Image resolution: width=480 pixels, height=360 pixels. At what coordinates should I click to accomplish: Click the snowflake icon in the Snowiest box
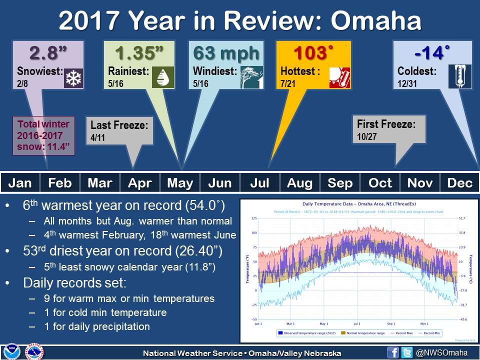73,78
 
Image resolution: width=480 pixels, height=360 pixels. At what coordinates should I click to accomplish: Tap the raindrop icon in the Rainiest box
163,77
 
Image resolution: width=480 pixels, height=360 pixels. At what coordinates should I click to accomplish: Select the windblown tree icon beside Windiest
251,77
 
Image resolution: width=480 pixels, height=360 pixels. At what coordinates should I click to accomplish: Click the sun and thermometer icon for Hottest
340,77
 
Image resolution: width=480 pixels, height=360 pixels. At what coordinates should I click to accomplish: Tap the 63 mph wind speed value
226,52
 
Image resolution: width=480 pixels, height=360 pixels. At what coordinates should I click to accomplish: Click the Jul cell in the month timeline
260,183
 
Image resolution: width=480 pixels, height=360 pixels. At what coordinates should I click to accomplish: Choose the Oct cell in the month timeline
380,183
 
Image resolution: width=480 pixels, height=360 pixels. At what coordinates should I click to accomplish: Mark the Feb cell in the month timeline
60,183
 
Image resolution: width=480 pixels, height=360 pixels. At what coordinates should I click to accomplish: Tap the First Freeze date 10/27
366,136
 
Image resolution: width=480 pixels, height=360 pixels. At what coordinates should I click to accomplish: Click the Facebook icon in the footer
393,352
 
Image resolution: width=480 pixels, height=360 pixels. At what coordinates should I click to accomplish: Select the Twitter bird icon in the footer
407,352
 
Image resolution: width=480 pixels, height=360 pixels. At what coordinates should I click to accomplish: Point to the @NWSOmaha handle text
441,352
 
